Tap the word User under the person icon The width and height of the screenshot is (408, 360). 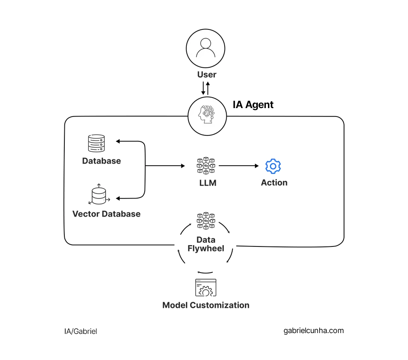pyautogui.click(x=207, y=74)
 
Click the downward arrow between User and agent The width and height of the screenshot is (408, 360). pyautogui.click(x=203, y=88)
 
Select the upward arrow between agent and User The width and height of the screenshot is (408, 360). pyautogui.click(x=208, y=88)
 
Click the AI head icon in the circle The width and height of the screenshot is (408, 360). pyautogui.click(x=207, y=116)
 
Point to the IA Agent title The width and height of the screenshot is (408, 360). pyautogui.click(x=253, y=105)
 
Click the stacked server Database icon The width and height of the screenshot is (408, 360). pyautogui.click(x=96, y=143)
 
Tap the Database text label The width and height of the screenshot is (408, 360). pyautogui.click(x=101, y=161)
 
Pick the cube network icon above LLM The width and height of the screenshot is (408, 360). pyautogui.click(x=206, y=166)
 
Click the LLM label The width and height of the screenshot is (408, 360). pyautogui.click(x=207, y=183)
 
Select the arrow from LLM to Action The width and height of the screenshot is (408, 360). pyautogui.click(x=239, y=166)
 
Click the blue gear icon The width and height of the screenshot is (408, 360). pyautogui.click(x=273, y=166)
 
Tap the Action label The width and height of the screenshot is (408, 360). pyautogui.click(x=274, y=183)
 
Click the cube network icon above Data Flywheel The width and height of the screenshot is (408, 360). pyautogui.click(x=206, y=221)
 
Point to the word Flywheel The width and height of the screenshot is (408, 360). pyautogui.click(x=206, y=248)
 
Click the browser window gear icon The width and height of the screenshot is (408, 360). pyautogui.click(x=206, y=288)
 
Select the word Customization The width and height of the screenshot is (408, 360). pyautogui.click(x=219, y=305)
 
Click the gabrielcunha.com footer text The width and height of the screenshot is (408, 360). pyautogui.click(x=314, y=331)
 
